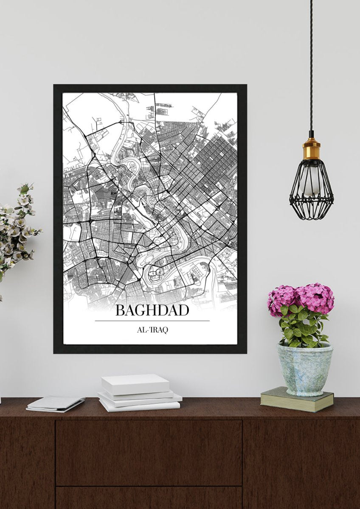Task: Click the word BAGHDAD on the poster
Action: coord(152,310)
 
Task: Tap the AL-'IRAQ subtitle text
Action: coord(152,330)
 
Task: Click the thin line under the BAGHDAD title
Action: coord(152,321)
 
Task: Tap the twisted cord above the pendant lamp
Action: coord(311,64)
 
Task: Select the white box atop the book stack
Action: coord(135,384)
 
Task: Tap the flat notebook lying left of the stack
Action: coord(56,403)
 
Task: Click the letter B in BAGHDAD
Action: coord(120,310)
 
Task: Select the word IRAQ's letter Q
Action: coord(165,330)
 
